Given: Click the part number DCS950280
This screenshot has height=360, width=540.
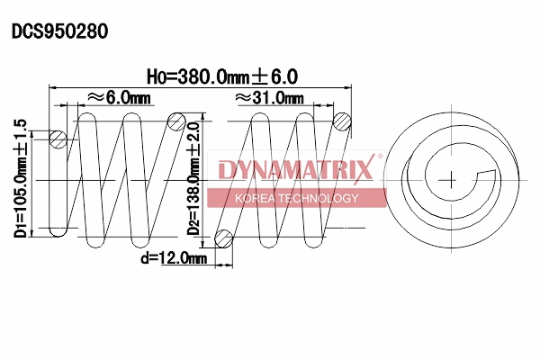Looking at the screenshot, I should (x=59, y=31).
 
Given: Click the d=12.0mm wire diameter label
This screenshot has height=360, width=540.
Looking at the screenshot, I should (x=174, y=259).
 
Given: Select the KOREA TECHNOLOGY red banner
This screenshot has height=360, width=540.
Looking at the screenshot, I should (x=296, y=198).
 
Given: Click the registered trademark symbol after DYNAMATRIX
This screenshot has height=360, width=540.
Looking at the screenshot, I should (x=379, y=157).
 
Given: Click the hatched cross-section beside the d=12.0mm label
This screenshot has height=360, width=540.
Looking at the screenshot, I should (x=223, y=238).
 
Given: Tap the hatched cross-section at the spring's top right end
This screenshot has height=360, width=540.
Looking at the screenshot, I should (x=342, y=121).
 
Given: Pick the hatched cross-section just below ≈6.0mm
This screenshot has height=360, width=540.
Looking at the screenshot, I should (x=177, y=121).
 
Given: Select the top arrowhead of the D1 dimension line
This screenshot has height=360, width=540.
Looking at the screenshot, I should (x=34, y=131).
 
